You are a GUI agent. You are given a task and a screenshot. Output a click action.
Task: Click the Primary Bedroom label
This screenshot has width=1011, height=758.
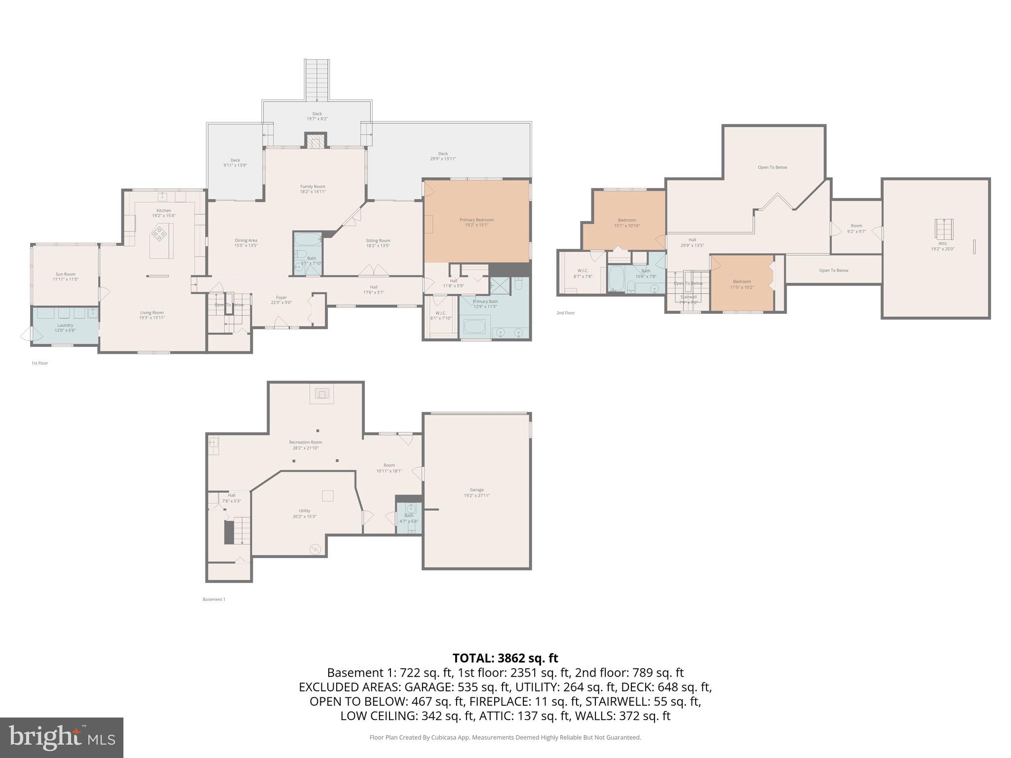pyautogui.click(x=476, y=222)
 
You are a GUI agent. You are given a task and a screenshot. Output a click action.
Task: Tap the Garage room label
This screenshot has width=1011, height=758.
pyautogui.click(x=476, y=493)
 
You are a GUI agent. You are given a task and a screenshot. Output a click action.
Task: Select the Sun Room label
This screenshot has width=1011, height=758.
pyautogui.click(x=66, y=276)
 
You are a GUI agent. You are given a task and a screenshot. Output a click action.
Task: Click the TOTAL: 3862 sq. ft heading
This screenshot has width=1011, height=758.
pyautogui.click(x=505, y=658)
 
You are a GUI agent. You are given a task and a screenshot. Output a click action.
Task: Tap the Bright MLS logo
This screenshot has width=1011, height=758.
pyautogui.click(x=62, y=737)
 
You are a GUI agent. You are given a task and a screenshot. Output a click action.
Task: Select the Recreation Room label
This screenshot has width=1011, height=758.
pyautogui.click(x=306, y=445)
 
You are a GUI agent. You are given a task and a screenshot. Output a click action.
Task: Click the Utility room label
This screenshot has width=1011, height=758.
pyautogui.click(x=305, y=513)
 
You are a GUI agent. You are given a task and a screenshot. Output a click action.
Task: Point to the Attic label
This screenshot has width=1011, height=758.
pyautogui.click(x=942, y=246)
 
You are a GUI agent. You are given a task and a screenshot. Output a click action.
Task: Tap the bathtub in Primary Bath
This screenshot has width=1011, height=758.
pyautogui.click(x=475, y=327)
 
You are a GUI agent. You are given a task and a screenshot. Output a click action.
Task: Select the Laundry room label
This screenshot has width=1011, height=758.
pyautogui.click(x=65, y=327)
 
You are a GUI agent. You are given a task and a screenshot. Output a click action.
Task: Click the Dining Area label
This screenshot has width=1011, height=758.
pyautogui.click(x=246, y=243)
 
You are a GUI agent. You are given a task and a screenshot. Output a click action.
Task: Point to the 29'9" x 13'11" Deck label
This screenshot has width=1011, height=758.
pyautogui.click(x=443, y=156)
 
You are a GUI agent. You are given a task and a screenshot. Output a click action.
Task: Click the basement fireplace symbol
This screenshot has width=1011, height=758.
pyautogui.click(x=322, y=393)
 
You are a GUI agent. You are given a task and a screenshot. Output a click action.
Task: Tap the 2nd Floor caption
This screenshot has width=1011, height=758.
pyautogui.click(x=566, y=313)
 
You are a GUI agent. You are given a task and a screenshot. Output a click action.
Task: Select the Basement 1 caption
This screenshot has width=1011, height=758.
pyautogui.click(x=214, y=599)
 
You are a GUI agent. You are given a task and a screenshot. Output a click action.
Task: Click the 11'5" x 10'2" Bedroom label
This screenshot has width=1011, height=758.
pyautogui.click(x=742, y=284)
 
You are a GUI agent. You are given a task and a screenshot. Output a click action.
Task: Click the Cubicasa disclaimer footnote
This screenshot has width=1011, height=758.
pyautogui.click(x=505, y=737)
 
